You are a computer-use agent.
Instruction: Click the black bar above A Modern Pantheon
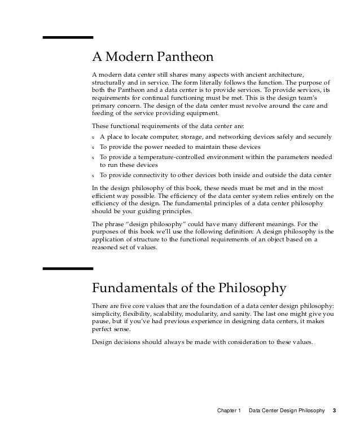68,37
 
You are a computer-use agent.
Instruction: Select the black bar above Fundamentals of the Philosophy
68,269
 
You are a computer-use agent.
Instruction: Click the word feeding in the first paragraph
104,114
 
